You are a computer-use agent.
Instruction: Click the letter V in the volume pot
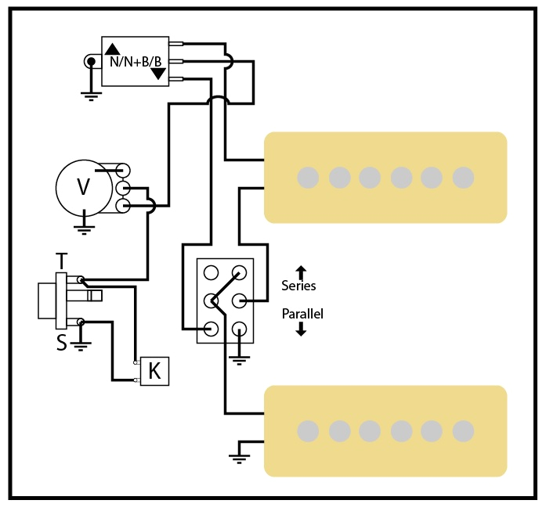[82, 187]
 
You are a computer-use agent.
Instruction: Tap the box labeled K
[154, 371]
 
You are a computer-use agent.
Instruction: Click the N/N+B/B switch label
[135, 61]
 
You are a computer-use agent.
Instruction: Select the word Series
[298, 286]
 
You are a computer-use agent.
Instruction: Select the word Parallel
[302, 314]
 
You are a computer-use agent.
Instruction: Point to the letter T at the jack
[61, 261]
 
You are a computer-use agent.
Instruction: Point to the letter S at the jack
[61, 342]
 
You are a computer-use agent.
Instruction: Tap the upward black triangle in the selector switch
[113, 48]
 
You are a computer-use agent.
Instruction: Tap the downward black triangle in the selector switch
[158, 74]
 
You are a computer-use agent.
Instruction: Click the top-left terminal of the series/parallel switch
[211, 272]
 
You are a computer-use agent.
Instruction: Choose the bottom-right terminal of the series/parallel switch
[240, 329]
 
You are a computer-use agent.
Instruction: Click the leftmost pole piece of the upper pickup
[309, 178]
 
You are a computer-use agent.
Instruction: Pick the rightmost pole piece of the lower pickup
[463, 430]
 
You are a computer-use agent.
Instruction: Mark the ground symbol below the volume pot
[83, 229]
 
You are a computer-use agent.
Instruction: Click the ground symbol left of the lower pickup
[237, 455]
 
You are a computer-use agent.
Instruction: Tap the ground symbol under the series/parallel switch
[240, 359]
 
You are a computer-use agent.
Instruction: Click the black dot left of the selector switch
[91, 61]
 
